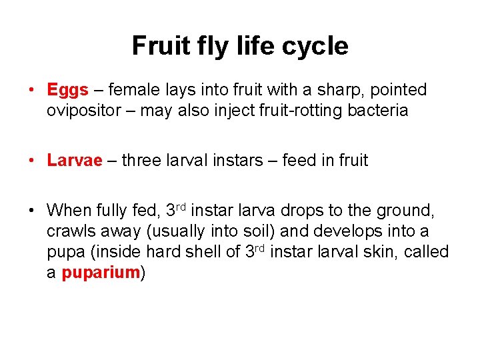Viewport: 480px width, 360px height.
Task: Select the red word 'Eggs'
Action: (67, 90)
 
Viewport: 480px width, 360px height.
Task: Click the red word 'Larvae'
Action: (75, 161)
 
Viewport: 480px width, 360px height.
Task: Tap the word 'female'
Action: (131, 90)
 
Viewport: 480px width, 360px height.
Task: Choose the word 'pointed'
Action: (398, 90)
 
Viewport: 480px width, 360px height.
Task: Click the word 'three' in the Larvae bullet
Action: (142, 161)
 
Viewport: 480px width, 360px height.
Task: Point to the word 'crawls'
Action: (68, 232)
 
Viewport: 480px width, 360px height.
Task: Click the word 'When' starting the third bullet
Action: (68, 211)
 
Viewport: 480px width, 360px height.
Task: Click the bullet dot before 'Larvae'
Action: (32, 161)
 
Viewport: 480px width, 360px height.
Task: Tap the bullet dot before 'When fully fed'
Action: (32, 211)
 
